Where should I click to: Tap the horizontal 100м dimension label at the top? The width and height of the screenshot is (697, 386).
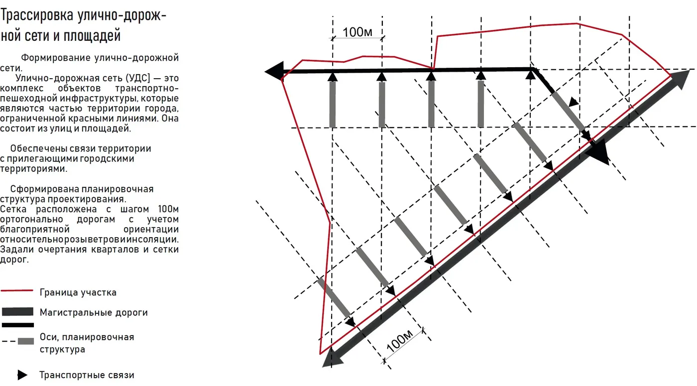pos(357,32)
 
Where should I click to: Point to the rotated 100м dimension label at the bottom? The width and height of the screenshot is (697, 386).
pos(400,341)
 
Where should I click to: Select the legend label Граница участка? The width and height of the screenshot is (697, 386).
pos(78,293)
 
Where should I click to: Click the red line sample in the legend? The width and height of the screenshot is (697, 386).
pos(17,291)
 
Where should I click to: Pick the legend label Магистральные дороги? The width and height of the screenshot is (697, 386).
pos(94,313)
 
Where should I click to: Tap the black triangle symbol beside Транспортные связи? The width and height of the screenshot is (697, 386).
pos(22,375)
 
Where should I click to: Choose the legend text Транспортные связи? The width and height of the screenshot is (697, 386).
pos(87,375)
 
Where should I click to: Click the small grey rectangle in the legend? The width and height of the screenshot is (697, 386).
pos(26,341)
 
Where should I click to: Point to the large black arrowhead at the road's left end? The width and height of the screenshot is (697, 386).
pos(274,72)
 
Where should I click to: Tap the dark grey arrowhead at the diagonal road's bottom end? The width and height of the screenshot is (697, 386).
pos(333,358)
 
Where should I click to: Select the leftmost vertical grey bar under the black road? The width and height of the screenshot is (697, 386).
pos(333,104)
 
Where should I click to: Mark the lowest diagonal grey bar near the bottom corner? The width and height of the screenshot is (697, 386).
pos(334,298)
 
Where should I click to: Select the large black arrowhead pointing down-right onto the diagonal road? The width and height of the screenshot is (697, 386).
pos(598,152)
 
